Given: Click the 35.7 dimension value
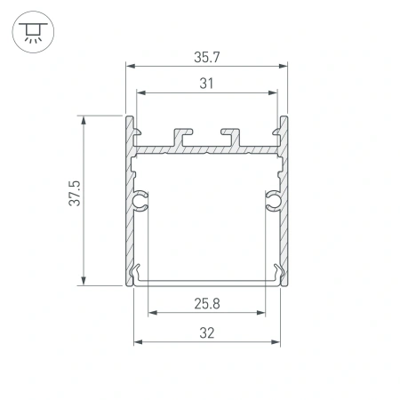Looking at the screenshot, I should click(207, 56).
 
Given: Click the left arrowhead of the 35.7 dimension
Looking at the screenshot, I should click(129, 66).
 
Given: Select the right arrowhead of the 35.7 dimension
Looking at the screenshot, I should click(286, 66).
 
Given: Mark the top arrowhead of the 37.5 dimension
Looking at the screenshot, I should click(84, 119).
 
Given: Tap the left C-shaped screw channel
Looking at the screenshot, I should click(140, 202).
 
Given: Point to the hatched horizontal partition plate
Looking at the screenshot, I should click(207, 150).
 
